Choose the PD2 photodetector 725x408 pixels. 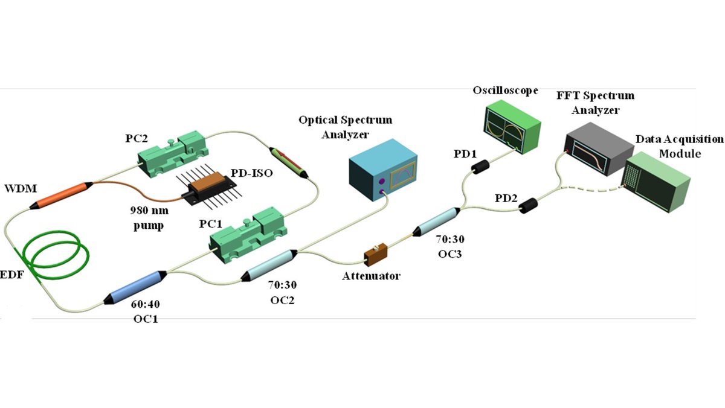point(529,206)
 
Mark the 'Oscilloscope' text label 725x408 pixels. point(504,91)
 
